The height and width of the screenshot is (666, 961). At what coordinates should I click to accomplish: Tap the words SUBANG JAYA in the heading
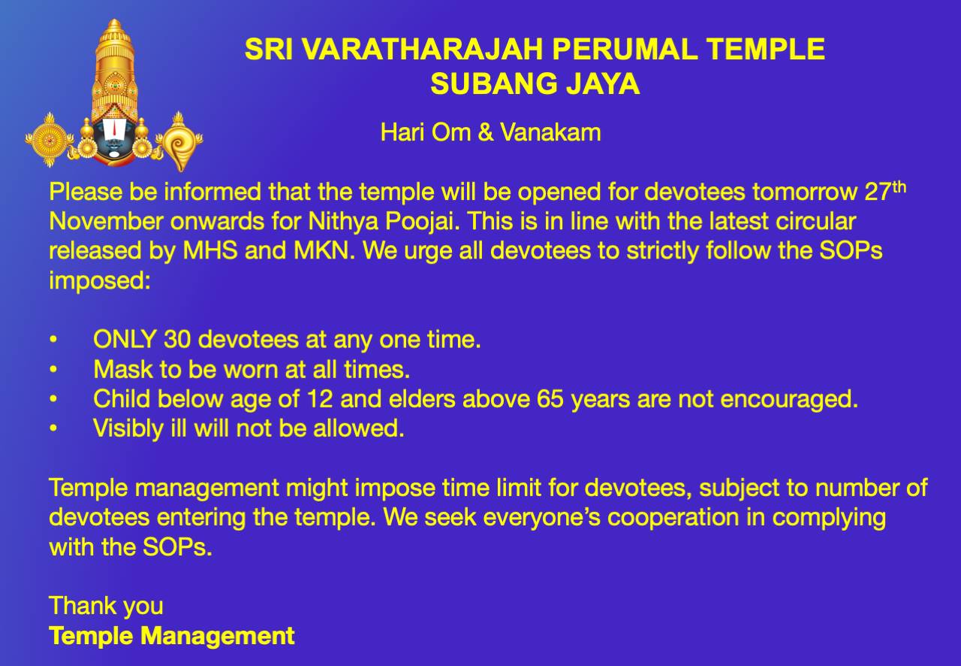pos(535,83)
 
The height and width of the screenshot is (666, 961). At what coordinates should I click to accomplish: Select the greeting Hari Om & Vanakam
pos(490,132)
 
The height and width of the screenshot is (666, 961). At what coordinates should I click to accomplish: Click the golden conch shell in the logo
pos(179,142)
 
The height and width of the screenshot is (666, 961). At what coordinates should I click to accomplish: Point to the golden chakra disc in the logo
pos(49,140)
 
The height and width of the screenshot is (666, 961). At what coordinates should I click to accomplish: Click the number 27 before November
pos(878,192)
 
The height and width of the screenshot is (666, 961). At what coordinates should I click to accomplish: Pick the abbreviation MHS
pos(210,251)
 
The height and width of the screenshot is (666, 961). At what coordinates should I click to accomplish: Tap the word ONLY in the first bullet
pos(125,340)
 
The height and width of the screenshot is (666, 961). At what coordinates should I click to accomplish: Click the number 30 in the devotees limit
pos(177,340)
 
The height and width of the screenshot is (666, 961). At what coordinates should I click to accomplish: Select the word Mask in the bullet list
pos(123,369)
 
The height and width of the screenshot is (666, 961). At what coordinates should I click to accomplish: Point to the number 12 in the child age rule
pos(320,398)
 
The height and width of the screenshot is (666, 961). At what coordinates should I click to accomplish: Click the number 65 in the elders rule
pos(550,398)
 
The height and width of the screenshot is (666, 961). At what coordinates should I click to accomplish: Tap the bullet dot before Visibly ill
pos(53,428)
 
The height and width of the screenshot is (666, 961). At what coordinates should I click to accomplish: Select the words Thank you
pos(106,607)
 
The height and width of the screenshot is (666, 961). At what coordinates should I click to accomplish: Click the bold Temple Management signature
pos(172,636)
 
